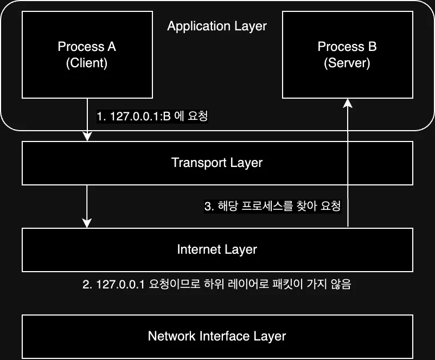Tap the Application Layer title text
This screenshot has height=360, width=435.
pyautogui.click(x=217, y=26)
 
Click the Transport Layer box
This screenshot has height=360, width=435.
pyautogui.click(x=217, y=163)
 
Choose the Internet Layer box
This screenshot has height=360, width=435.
pyautogui.click(x=217, y=249)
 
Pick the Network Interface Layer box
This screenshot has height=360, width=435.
pyautogui.click(x=217, y=336)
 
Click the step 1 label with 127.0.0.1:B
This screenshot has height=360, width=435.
pyautogui.click(x=152, y=116)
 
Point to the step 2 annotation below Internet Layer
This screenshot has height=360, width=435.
pyautogui.click(x=217, y=285)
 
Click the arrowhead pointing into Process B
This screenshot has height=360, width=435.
pyautogui.click(x=348, y=105)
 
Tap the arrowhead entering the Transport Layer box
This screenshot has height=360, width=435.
pyautogui.click(x=87, y=136)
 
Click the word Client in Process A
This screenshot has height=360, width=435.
pyautogui.click(x=87, y=63)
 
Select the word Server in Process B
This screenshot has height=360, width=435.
pyautogui.click(x=347, y=63)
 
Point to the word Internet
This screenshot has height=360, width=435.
pyautogui.click(x=196, y=249)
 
